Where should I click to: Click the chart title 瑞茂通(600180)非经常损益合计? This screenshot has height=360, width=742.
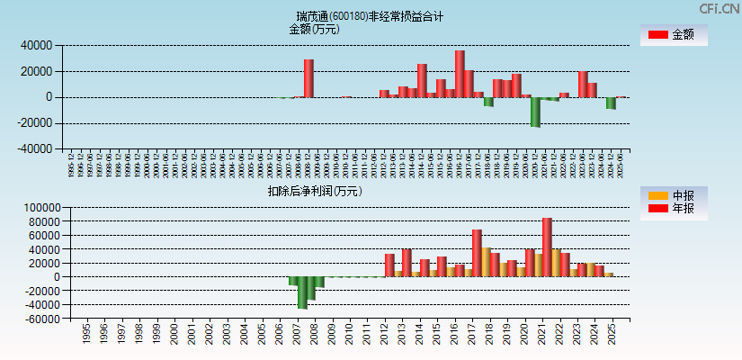(371, 16)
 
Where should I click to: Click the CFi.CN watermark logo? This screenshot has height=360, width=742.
(719, 8)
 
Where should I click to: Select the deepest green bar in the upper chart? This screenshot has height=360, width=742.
(535, 112)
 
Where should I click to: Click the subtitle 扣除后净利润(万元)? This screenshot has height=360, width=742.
(314, 191)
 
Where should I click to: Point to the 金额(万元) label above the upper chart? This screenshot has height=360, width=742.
(314, 29)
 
